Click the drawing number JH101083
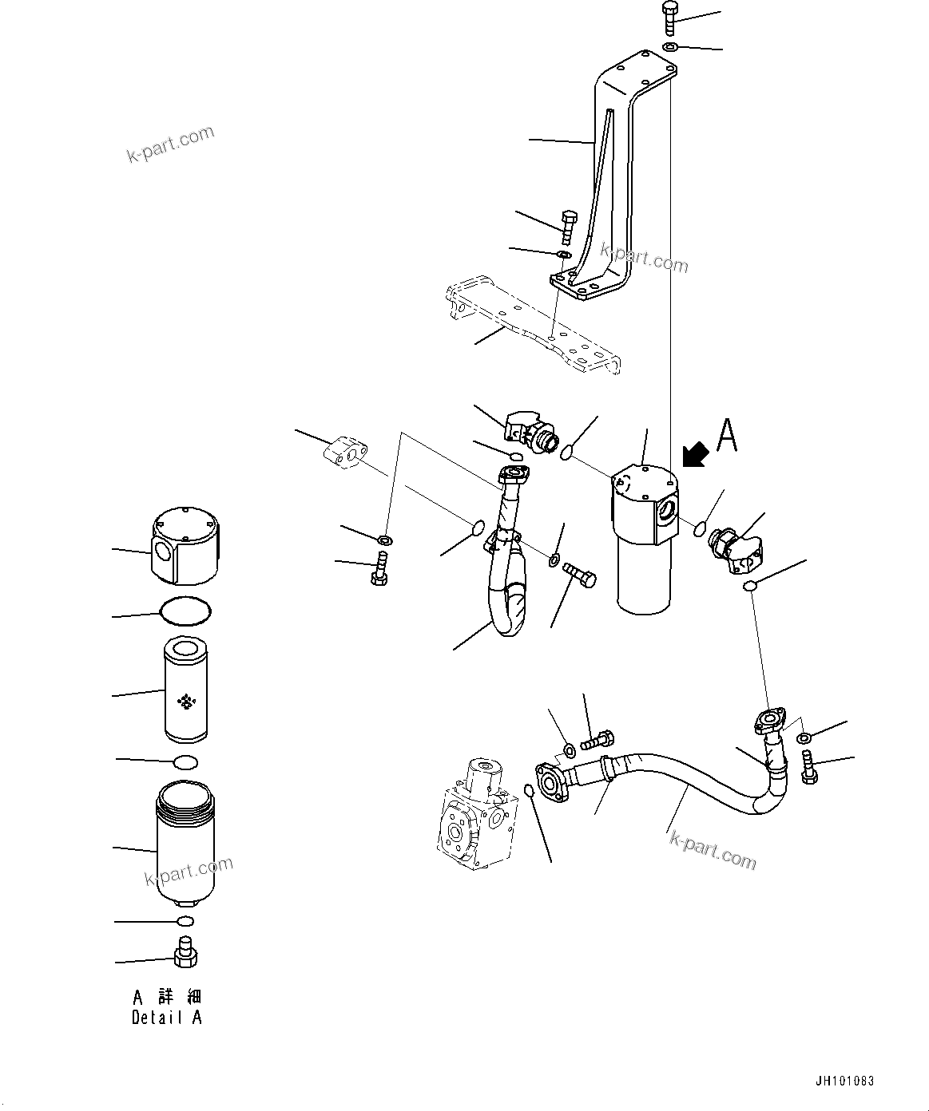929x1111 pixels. click(x=844, y=1081)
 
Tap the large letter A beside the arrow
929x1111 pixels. click(x=726, y=436)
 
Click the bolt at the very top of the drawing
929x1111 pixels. click(x=669, y=18)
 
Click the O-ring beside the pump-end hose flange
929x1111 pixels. click(x=529, y=791)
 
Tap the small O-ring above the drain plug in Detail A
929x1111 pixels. click(x=185, y=921)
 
